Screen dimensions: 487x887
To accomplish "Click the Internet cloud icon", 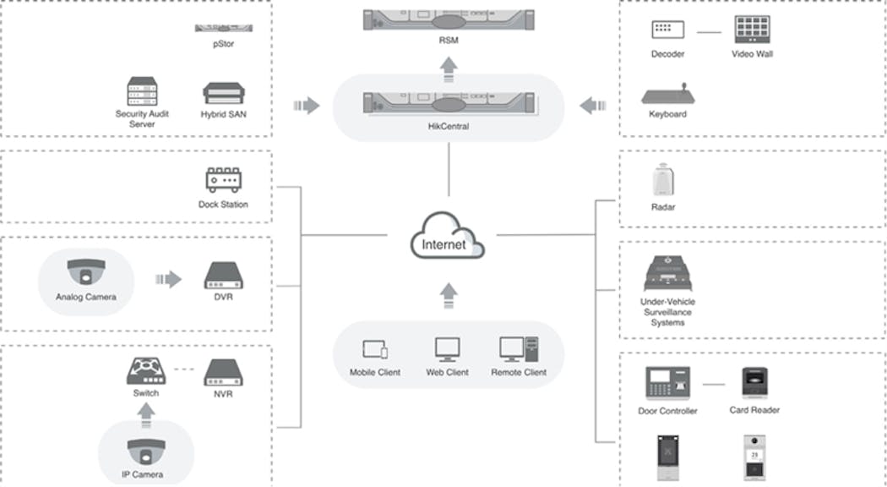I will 449,238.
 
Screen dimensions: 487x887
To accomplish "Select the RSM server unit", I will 449,19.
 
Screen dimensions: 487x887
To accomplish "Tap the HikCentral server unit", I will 449,103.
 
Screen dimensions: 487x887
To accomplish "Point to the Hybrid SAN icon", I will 224,92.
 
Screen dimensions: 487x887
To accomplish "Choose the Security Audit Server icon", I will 142,91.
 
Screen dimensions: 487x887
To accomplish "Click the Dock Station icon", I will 224,180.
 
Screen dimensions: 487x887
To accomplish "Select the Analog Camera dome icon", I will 85,271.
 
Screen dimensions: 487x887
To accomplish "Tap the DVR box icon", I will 224,276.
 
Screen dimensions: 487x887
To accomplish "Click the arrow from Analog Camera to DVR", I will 168,278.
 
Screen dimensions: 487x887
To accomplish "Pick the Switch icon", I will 145,370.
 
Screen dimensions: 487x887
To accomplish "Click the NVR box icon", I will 224,371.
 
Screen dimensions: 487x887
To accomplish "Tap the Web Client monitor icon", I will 447,348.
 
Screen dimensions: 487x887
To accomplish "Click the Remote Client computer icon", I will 518,348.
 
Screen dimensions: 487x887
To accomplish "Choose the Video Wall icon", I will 752,30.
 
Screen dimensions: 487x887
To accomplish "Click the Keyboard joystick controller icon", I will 667,94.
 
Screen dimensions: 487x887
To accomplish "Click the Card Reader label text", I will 754,410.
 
